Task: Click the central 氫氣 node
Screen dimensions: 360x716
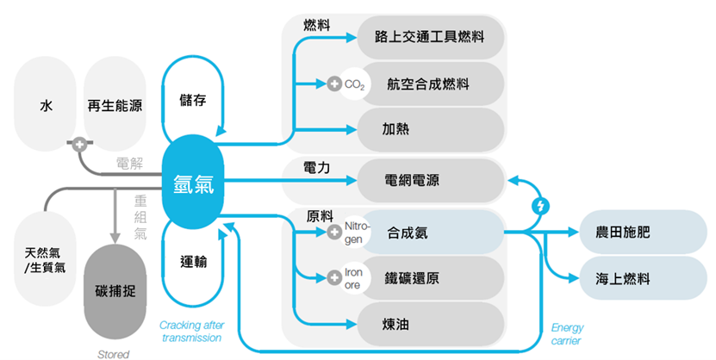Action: click(x=193, y=183)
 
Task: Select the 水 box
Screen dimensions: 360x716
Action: click(x=46, y=106)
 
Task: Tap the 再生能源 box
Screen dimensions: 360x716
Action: click(x=115, y=106)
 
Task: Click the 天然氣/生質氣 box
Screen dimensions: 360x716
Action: click(x=45, y=258)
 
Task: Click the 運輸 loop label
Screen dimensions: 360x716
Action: click(x=193, y=261)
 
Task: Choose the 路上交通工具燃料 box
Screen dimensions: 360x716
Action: click(x=429, y=38)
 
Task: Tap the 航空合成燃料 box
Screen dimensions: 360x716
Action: click(x=429, y=84)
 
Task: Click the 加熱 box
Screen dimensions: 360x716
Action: click(x=429, y=130)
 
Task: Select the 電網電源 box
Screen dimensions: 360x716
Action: click(x=429, y=181)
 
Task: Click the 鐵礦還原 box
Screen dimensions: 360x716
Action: click(x=429, y=278)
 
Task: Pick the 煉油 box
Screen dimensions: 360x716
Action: click(x=429, y=325)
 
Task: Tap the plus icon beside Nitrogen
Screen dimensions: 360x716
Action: click(x=335, y=232)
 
